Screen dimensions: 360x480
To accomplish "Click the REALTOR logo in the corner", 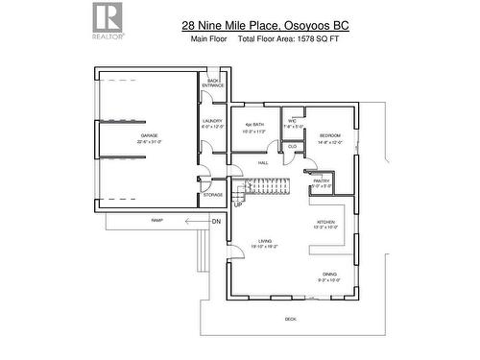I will coord(107,18).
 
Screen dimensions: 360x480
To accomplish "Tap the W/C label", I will coord(293,120).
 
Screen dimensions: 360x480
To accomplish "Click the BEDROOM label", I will coord(329,135).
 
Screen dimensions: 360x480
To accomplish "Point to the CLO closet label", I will coord(292,146).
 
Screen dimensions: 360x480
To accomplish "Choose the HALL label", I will coord(262,163).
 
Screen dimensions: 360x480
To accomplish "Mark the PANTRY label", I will coord(321,180).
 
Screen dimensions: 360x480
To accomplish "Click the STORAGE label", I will coord(212,195).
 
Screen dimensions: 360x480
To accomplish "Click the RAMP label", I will coord(156,220).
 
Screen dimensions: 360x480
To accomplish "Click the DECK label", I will coord(290,319).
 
